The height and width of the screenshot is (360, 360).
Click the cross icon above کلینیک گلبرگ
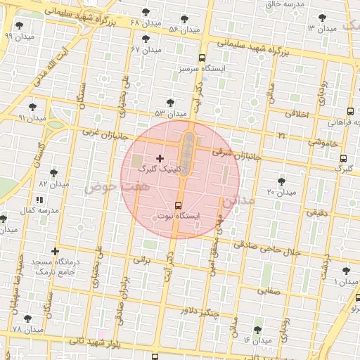pos(160,158)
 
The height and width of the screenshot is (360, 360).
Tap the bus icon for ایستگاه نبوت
pos(176,205)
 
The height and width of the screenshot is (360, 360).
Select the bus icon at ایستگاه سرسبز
pos(202,58)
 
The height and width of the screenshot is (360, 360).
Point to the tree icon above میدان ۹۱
pos(33,107)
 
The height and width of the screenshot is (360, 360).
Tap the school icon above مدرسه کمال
pos(38,200)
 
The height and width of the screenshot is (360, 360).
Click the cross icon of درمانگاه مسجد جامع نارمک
pos(56,251)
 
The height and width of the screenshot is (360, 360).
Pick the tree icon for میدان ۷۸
pos(28,319)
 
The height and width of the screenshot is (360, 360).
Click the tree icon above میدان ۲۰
pos(281,181)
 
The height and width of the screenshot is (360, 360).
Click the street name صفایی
pos(269,289)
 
